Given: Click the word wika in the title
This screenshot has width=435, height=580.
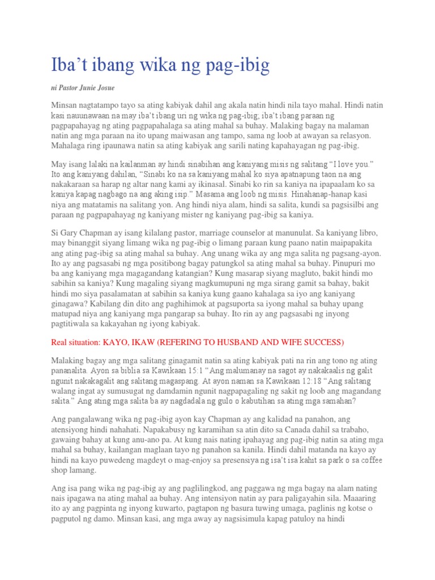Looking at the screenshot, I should point(158,66).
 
